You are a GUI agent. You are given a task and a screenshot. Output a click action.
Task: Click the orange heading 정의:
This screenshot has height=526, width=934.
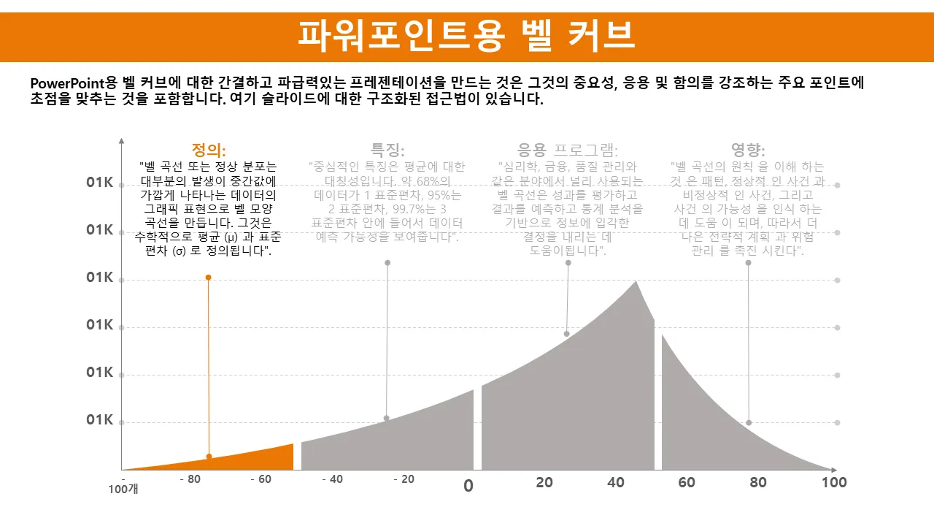(209, 150)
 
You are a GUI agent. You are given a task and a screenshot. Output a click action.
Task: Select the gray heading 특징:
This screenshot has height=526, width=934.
(387, 150)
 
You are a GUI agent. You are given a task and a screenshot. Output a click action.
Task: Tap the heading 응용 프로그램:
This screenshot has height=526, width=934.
(568, 150)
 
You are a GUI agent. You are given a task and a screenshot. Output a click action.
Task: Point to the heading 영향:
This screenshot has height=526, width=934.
(748, 150)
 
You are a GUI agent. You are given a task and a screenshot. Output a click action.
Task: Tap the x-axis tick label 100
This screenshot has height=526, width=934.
(834, 482)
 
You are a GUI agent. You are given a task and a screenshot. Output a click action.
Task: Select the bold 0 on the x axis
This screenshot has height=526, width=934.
(468, 486)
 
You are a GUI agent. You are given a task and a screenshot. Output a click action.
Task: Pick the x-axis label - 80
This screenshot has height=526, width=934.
(190, 480)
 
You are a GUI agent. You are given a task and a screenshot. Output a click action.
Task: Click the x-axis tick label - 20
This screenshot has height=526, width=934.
(404, 480)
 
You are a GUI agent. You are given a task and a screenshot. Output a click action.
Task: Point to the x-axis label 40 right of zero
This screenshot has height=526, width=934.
(616, 482)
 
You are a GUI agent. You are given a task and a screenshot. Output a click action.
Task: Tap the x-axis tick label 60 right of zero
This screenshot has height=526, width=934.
(687, 482)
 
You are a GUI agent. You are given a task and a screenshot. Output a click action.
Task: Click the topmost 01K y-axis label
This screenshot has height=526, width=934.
(100, 183)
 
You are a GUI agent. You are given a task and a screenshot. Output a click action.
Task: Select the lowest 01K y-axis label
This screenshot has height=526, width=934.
(100, 420)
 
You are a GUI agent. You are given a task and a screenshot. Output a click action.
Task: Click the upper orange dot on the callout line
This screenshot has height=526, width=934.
(208, 278)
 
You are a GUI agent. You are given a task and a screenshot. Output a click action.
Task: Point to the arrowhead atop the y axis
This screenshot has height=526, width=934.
(122, 140)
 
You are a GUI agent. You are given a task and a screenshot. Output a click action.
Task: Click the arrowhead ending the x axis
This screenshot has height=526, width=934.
(833, 470)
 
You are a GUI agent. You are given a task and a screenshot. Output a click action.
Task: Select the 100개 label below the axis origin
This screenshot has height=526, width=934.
(123, 489)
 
